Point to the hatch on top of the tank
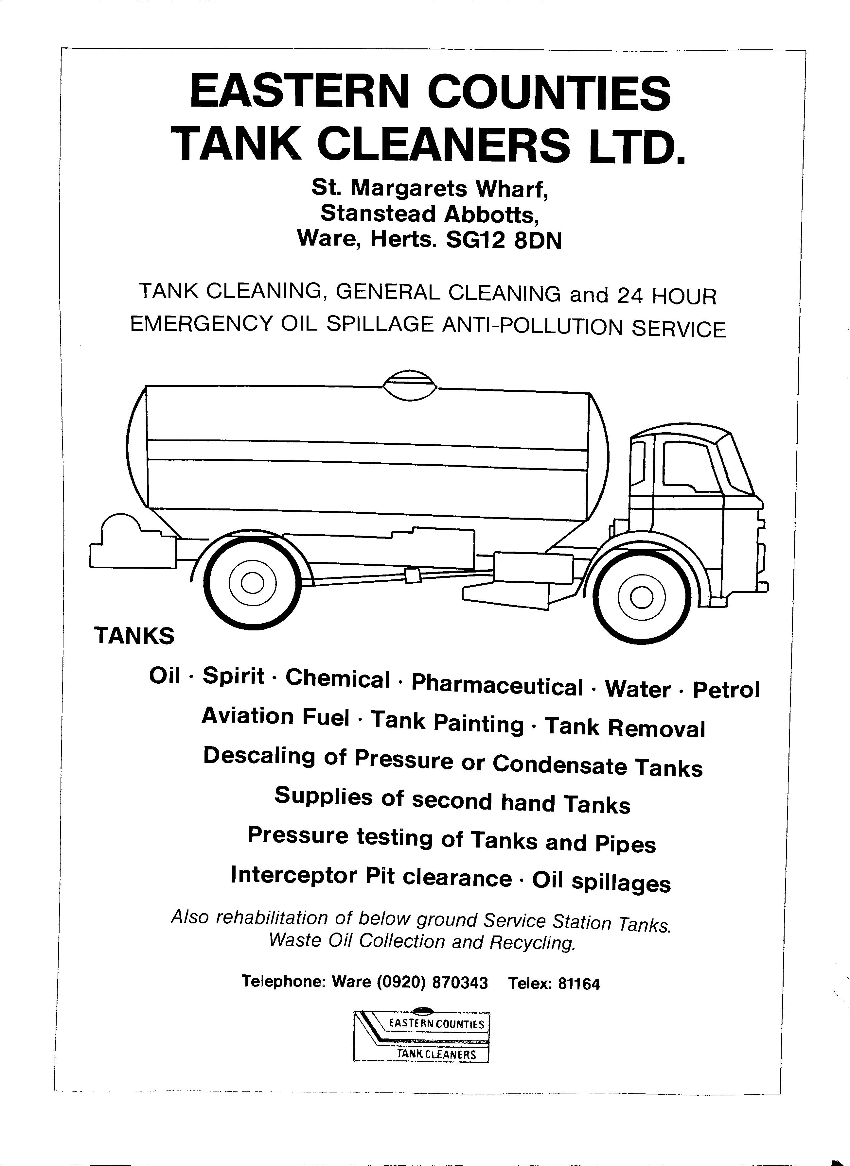click(410, 385)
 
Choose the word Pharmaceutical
click(497, 685)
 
